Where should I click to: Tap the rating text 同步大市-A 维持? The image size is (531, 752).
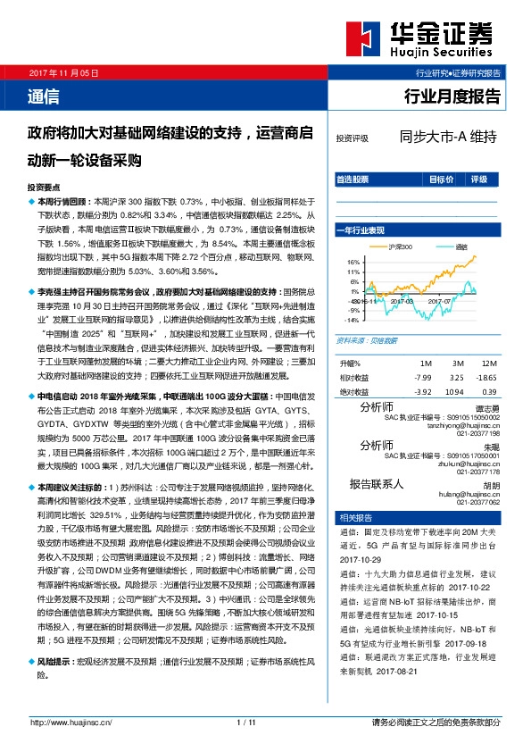[447, 138]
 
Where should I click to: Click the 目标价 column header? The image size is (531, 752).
[441, 179]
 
